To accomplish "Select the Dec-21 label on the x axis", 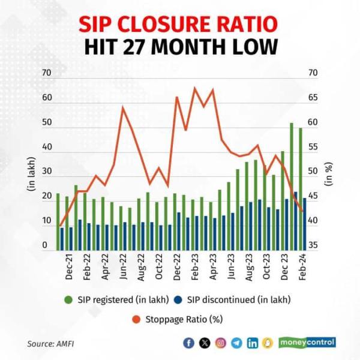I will (x=69, y=265).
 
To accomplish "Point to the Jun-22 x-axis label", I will (x=124, y=265).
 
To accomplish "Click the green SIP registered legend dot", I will (x=68, y=299).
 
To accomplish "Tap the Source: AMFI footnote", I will (x=49, y=344).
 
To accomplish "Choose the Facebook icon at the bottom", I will (x=190, y=343).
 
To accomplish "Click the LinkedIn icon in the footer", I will (x=253, y=343).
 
